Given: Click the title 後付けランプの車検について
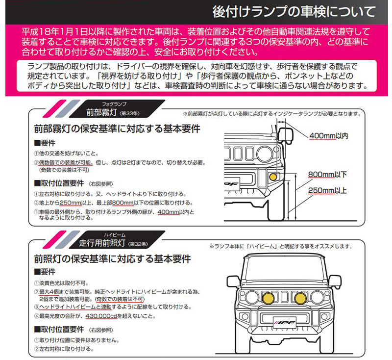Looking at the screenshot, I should click(x=295, y=10).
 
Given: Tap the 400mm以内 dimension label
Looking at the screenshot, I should click(x=329, y=135).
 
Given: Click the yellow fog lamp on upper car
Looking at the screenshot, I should click(x=273, y=177).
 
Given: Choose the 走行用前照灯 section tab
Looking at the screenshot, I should click(x=103, y=243).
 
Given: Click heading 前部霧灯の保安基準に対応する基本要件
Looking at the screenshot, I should click(x=117, y=130).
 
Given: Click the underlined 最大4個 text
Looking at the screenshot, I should click(x=50, y=291).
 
